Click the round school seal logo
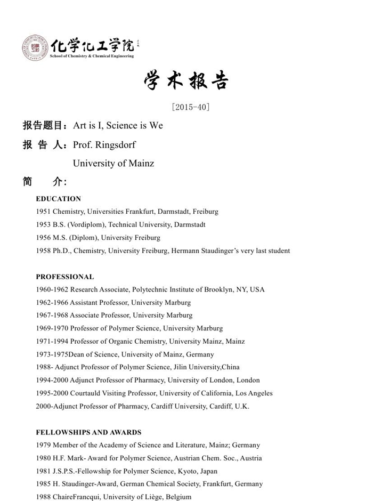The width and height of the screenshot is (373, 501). (35, 47)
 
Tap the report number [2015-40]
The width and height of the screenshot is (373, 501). (190, 107)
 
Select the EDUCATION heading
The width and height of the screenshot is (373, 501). (59, 199)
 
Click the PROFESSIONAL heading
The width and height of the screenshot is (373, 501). (65, 277)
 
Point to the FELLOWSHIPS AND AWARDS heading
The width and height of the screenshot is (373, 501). (88, 432)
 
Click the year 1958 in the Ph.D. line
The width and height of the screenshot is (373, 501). (43, 250)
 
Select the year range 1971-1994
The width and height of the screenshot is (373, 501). (52, 341)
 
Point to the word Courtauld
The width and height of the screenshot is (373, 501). (87, 393)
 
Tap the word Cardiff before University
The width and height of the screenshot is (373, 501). (164, 406)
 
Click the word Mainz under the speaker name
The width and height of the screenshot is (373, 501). (141, 163)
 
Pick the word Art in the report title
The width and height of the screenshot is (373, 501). (79, 126)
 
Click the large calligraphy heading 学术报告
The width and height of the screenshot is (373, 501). (186, 81)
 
